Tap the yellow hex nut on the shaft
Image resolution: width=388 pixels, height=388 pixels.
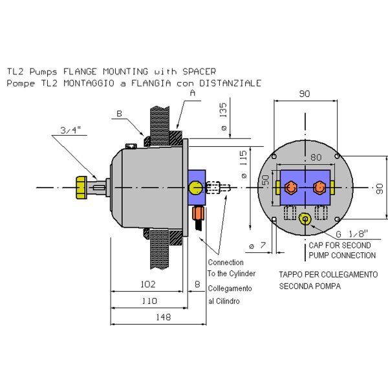pos(81,187)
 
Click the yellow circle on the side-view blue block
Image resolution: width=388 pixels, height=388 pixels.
pos(195,188)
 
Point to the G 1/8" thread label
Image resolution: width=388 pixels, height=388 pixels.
pos(352,234)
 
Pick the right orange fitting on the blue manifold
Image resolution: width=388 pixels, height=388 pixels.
pos(318,187)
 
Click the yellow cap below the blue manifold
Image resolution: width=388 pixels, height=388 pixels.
pos(306,219)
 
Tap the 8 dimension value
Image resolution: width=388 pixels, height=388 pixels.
pos(197,285)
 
